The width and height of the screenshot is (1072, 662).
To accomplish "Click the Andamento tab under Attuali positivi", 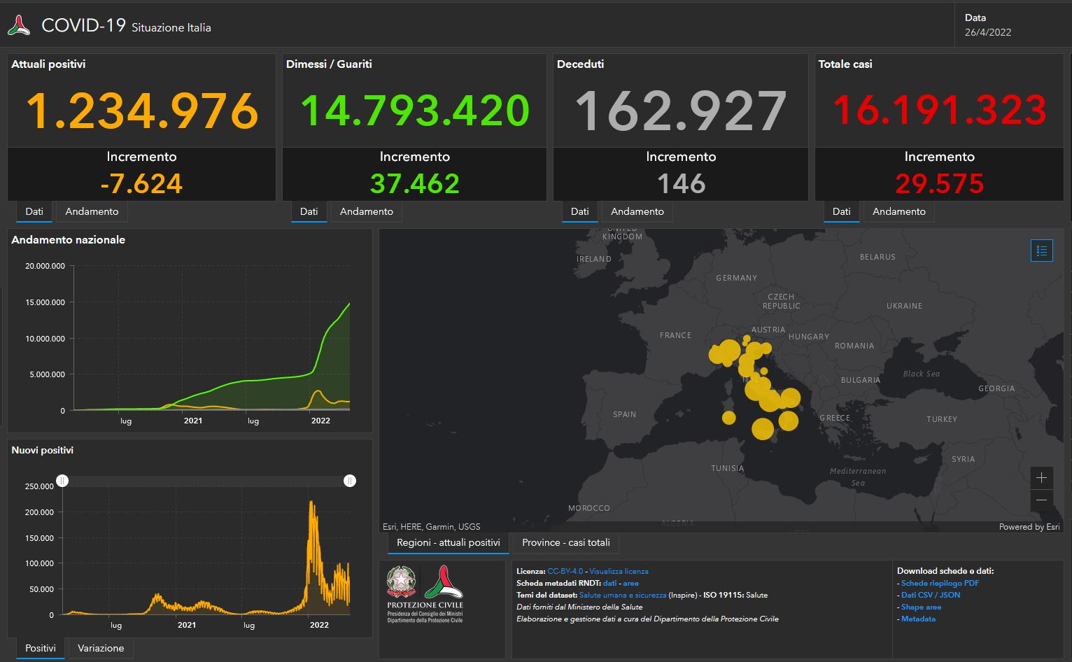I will pyautogui.click(x=92, y=211).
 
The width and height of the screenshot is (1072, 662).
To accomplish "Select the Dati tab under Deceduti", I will pyautogui.click(x=579, y=211).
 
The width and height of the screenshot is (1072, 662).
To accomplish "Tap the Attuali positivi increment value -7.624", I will pyautogui.click(x=141, y=184).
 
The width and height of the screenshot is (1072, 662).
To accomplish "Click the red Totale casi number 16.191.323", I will pyautogui.click(x=939, y=110).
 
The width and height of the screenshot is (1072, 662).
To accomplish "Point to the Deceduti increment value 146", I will pyautogui.click(x=681, y=184).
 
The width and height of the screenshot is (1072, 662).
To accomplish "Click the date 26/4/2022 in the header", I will pyautogui.click(x=987, y=32).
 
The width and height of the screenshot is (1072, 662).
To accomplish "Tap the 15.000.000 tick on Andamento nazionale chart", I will pyautogui.click(x=45, y=302).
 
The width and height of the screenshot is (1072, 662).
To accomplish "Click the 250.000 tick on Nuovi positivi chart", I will pyautogui.click(x=39, y=486).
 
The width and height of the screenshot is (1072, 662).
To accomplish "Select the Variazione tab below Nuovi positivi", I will pyautogui.click(x=101, y=648).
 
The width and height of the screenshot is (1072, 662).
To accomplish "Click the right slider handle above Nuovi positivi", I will pyautogui.click(x=350, y=481).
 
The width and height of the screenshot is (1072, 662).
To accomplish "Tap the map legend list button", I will pyautogui.click(x=1041, y=251).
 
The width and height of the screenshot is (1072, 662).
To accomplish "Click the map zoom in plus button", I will pyautogui.click(x=1041, y=478).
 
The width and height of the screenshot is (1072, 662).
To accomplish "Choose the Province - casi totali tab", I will pyautogui.click(x=565, y=542).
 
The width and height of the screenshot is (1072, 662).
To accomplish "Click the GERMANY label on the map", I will pyautogui.click(x=736, y=278).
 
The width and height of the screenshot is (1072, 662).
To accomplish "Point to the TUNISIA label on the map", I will pyautogui.click(x=727, y=468).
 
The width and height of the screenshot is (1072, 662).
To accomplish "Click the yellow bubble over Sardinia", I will pyautogui.click(x=728, y=418).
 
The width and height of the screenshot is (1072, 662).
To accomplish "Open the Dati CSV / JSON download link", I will pyautogui.click(x=930, y=595).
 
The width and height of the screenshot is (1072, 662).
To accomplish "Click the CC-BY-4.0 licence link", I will pyautogui.click(x=565, y=571).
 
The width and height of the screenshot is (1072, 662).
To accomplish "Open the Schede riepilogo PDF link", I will pyautogui.click(x=940, y=583).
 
